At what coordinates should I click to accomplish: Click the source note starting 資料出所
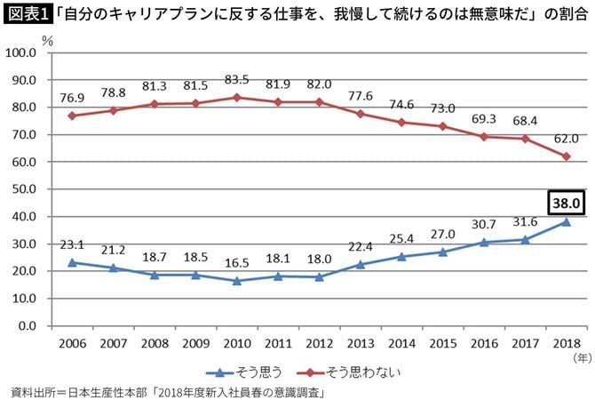click(165, 390)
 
